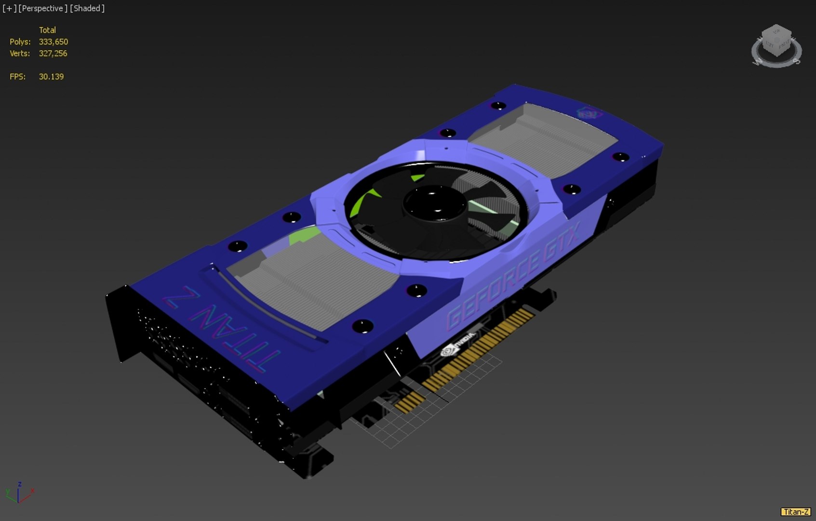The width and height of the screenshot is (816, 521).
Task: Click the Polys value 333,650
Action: pos(53,42)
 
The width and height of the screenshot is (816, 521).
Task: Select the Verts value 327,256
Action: pos(53,54)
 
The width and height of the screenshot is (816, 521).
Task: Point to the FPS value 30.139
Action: pos(51,77)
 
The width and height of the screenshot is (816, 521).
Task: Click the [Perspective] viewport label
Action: pos(42,8)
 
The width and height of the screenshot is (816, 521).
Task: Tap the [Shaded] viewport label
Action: pos(87,8)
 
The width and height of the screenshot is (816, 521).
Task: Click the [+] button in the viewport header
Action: pos(9,8)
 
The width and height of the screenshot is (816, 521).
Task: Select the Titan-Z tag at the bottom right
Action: pos(795,512)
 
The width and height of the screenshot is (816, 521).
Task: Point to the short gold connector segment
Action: pos(410,401)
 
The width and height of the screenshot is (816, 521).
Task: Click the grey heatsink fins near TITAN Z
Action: pos(313,285)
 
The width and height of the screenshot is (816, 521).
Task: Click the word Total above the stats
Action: pos(47,30)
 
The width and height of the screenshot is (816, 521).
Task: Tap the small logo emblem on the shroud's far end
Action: pos(589,114)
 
